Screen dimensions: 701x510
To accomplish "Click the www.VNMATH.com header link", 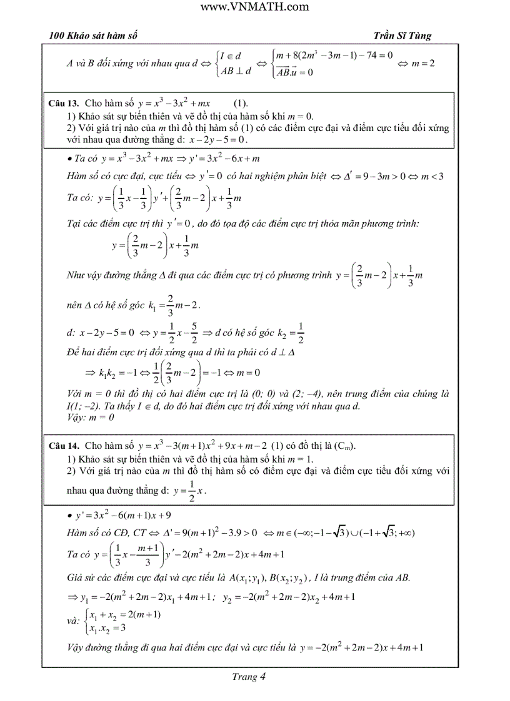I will click(x=255, y=7).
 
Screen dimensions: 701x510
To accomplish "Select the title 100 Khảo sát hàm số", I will click(x=93, y=36).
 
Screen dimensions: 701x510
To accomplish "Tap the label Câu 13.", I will click(x=63, y=102).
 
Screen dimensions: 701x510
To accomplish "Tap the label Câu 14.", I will click(x=63, y=446).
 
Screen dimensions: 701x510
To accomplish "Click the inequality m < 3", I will click(x=431, y=176).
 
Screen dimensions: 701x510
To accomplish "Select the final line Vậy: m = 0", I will click(x=90, y=417).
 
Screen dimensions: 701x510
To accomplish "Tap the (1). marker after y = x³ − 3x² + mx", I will click(x=242, y=102).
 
